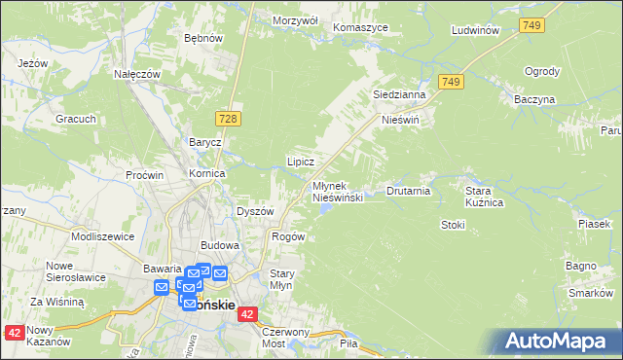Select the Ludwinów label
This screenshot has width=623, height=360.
[x=476, y=30]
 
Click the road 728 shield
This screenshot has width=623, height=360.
[x=228, y=118]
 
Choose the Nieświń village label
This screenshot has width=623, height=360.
[x=400, y=122]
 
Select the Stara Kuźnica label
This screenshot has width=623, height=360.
[x=484, y=197]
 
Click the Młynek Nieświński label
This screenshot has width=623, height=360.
[x=338, y=191]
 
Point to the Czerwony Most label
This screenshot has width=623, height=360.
[x=285, y=338]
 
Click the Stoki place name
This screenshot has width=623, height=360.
[x=453, y=225]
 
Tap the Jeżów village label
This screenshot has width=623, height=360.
[x=33, y=63]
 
